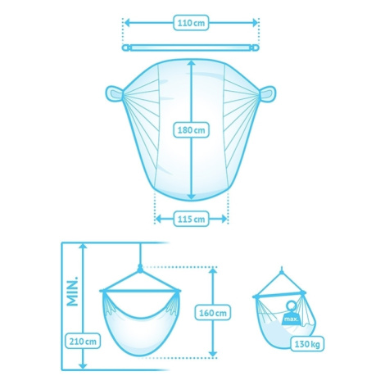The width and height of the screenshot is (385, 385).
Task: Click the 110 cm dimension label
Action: (x=191, y=23)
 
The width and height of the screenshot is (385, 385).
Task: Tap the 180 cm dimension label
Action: (x=191, y=130)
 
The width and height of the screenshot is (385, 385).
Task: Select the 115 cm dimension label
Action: (x=191, y=219)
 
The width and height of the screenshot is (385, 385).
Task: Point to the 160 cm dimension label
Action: (x=213, y=313)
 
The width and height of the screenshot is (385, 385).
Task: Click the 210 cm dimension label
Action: (x=83, y=342)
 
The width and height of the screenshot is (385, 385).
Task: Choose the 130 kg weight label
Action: (x=307, y=344)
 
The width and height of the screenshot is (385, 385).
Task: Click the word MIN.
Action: (x=73, y=292)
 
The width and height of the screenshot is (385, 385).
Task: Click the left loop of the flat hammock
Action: (x=114, y=93)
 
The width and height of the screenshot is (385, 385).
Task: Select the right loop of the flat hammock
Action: (x=267, y=93)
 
